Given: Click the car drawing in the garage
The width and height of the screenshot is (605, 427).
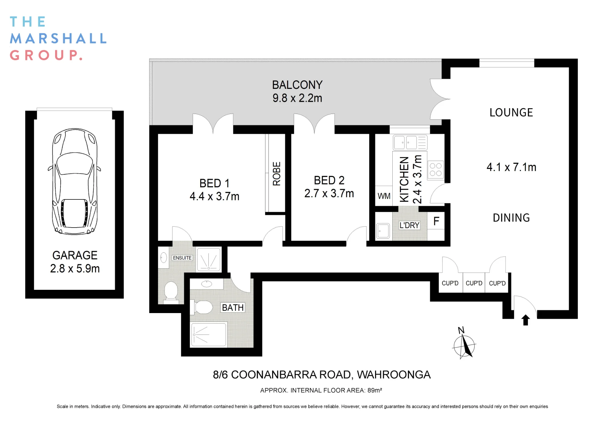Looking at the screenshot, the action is (x=74, y=181).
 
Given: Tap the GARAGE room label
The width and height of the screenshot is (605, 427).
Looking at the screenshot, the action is (x=75, y=255).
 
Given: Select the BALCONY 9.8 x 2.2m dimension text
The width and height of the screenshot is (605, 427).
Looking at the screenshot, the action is (x=297, y=98).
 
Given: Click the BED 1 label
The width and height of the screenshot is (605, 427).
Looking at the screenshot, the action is (x=214, y=183).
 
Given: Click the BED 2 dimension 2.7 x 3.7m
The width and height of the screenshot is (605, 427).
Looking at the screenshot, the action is (x=329, y=193).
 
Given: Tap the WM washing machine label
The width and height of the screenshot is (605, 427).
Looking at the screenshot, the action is (x=384, y=196).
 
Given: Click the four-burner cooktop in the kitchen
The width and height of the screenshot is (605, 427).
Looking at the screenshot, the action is (x=436, y=170).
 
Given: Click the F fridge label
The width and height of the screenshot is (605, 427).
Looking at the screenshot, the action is (x=436, y=221).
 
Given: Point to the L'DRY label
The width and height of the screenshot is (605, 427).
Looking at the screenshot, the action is (x=409, y=225).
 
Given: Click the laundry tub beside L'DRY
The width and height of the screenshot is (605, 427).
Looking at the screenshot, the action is (x=383, y=231).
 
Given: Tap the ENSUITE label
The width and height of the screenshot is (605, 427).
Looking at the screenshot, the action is (x=182, y=258).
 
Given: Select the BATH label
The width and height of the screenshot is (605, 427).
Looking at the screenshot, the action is (x=233, y=308).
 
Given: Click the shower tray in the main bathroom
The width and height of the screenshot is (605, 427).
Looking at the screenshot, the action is (x=208, y=335).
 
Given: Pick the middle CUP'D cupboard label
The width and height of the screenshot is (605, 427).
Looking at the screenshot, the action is (x=474, y=283).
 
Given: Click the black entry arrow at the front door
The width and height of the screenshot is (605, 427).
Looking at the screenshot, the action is (x=525, y=320).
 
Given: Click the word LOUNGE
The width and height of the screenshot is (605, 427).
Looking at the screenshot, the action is (x=511, y=112).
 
